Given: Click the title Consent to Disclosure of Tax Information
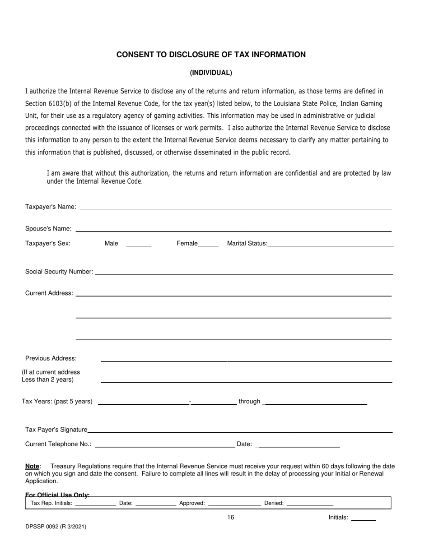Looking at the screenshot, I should point(211,55).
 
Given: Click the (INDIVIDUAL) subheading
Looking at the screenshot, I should point(211,73).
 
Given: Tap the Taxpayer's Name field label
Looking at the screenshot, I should point(51,207).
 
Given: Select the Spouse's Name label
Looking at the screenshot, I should point(48,229).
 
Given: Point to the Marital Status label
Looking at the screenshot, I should point(247,244).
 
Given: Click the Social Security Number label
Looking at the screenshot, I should point(59,272).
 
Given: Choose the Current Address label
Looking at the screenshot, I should point(49,293).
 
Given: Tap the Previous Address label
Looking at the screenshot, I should point(51,358).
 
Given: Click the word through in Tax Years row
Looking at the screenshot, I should point(249,402).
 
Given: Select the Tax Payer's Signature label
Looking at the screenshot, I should point(56,430).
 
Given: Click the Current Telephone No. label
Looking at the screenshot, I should point(58,444).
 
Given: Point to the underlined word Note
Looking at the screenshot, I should point(32,466).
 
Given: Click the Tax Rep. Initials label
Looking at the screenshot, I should point(51,503).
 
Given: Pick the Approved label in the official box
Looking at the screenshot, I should point(192,503).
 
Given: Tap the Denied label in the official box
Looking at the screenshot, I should point(274,503).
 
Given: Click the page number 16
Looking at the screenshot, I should point(231,518).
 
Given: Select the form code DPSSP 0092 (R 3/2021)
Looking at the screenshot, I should point(56,527).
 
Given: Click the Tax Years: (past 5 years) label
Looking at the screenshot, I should point(57,402).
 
